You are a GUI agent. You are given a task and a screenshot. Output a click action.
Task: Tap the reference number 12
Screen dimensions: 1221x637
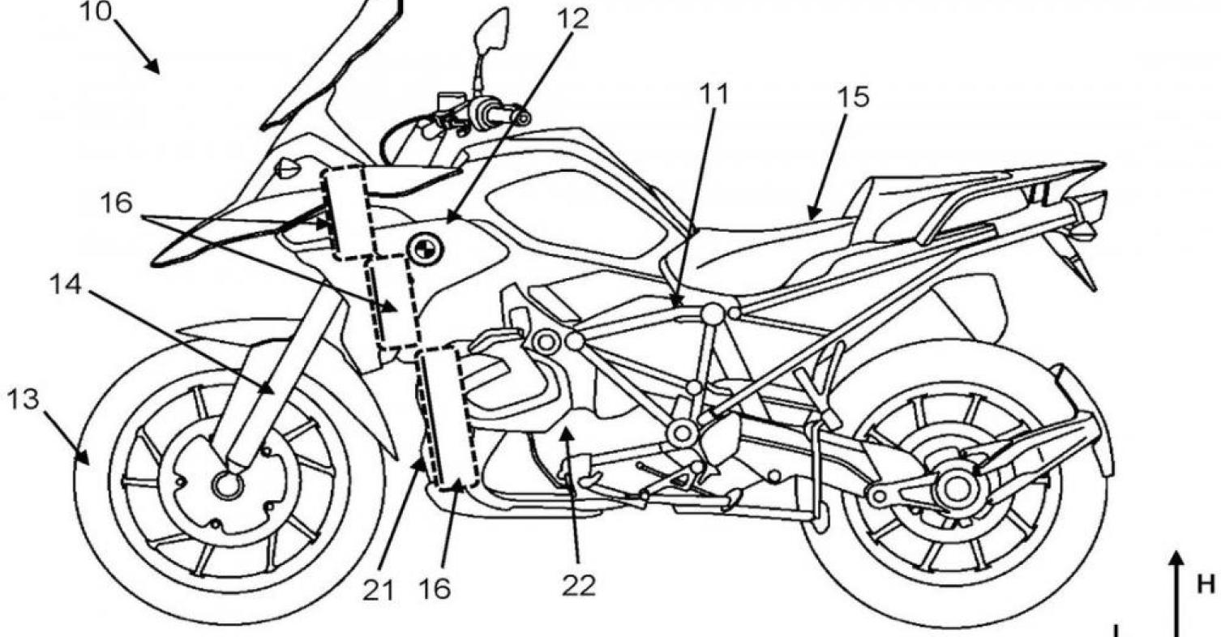click(573, 19)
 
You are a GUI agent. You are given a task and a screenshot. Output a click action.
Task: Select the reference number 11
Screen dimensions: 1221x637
click(713, 94)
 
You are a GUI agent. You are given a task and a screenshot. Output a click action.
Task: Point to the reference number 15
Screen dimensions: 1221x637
click(854, 97)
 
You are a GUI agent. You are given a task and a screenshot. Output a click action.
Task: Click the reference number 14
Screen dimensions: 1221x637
click(66, 284)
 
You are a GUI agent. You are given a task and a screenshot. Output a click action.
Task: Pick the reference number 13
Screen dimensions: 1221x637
click(24, 400)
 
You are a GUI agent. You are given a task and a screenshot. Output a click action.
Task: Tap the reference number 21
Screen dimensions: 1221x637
click(379, 591)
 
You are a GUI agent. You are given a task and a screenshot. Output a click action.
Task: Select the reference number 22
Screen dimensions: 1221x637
click(579, 586)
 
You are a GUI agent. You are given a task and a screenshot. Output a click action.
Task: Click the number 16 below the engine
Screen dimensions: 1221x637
click(435, 590)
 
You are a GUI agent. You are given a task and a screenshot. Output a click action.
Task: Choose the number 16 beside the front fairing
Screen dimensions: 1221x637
click(116, 203)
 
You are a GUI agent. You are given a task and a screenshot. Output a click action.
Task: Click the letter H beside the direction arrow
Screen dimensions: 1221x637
click(1206, 584)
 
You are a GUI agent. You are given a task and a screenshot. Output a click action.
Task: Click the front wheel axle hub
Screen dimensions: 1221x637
click(229, 485)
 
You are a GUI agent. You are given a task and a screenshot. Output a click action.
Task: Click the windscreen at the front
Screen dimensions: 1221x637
click(332, 62)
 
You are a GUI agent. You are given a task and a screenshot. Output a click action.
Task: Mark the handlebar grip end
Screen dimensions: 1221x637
click(522, 118)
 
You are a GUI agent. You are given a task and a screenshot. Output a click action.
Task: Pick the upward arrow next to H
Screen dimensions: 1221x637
click(1177, 594)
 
